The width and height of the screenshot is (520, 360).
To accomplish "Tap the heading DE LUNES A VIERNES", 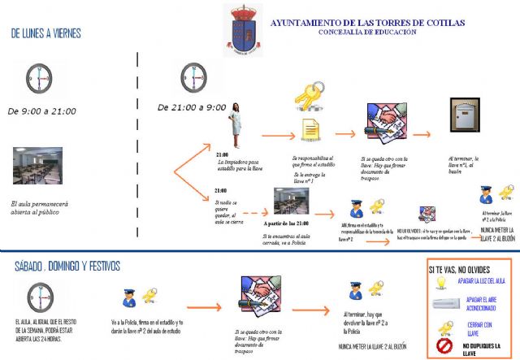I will click(57, 34).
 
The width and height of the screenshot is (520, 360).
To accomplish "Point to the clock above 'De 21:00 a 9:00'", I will click(194, 78).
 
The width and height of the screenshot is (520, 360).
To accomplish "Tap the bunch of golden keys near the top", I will click(308, 96).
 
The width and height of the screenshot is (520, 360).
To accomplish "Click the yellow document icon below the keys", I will click(310, 129).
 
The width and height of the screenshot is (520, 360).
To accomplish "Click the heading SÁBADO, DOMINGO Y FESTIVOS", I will click(67, 266).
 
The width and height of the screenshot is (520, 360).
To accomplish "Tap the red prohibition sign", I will click(444, 345).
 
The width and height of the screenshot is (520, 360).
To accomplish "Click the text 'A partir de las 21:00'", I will click(287, 221).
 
